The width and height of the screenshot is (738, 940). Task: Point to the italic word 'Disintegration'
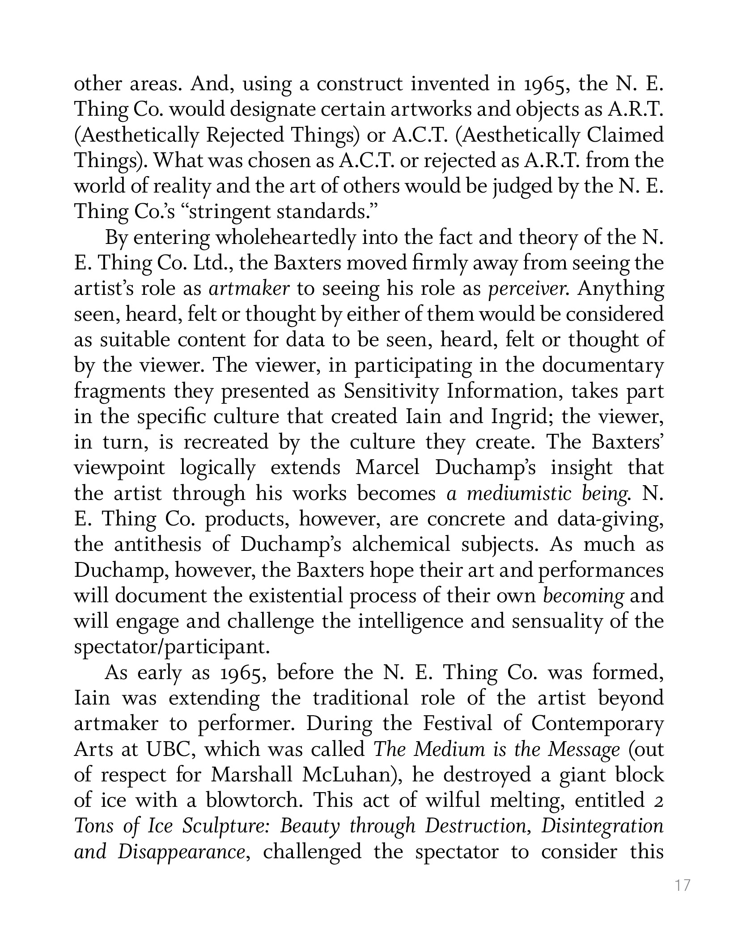[x=602, y=826]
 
